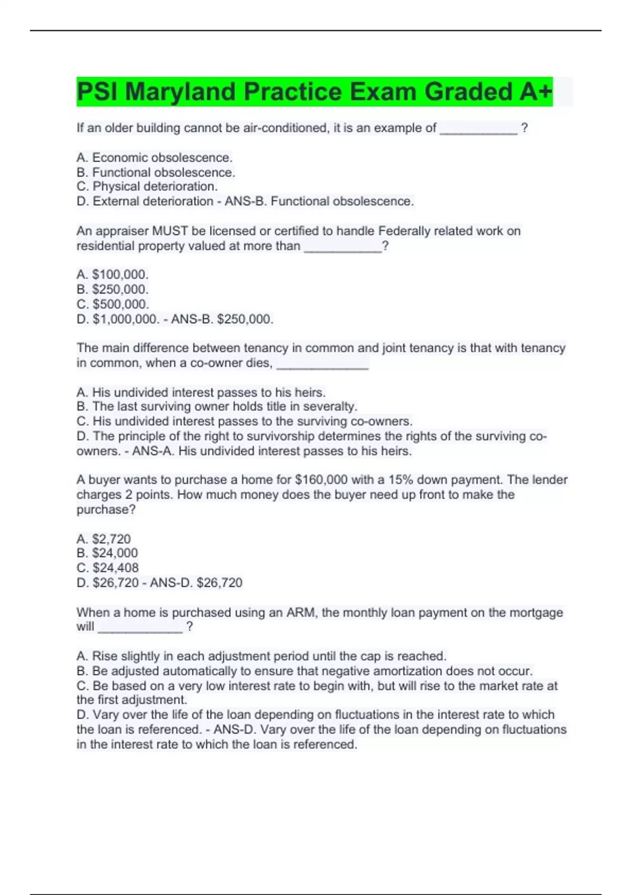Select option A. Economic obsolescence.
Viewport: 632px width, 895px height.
(x=154, y=157)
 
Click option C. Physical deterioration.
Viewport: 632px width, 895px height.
(x=147, y=186)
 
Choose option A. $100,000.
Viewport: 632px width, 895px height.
(x=112, y=274)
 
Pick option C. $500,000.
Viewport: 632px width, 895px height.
(x=113, y=304)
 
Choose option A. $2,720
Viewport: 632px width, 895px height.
(x=103, y=539)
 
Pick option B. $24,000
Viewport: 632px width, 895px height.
(x=107, y=553)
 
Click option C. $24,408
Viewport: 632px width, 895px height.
(x=107, y=568)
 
